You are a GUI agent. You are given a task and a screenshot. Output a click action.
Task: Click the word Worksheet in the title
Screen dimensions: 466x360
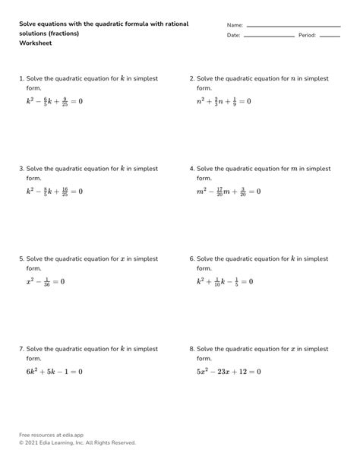[36, 44]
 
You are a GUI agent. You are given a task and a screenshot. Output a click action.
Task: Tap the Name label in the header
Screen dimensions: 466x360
[235, 25]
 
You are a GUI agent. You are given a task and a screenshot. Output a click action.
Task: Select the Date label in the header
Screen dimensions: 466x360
[234, 36]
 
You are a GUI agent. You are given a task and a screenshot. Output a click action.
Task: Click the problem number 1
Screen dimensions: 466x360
[21, 78]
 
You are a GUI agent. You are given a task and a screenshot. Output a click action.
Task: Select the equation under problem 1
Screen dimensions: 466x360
[54, 101]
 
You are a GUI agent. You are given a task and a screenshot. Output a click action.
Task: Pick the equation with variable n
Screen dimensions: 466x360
[223, 101]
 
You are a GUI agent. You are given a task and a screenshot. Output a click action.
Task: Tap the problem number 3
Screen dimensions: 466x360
[21, 168]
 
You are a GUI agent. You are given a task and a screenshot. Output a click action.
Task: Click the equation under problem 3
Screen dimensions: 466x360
[54, 191]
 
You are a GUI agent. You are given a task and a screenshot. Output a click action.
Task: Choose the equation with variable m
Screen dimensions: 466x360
[228, 191]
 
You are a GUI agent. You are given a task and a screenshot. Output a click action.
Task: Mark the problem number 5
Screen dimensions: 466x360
[21, 258]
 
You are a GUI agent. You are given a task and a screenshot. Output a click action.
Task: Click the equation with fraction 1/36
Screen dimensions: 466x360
[45, 281]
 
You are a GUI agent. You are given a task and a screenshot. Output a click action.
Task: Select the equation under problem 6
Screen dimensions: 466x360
[225, 281]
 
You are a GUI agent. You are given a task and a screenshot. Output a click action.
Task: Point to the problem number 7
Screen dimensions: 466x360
[21, 348]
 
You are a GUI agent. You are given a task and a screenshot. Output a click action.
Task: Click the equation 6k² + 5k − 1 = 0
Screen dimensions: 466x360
[54, 371]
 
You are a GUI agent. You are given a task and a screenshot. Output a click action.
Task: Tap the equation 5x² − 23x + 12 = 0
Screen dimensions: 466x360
[228, 371]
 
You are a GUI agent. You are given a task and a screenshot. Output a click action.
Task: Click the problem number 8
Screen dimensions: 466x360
[191, 348]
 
